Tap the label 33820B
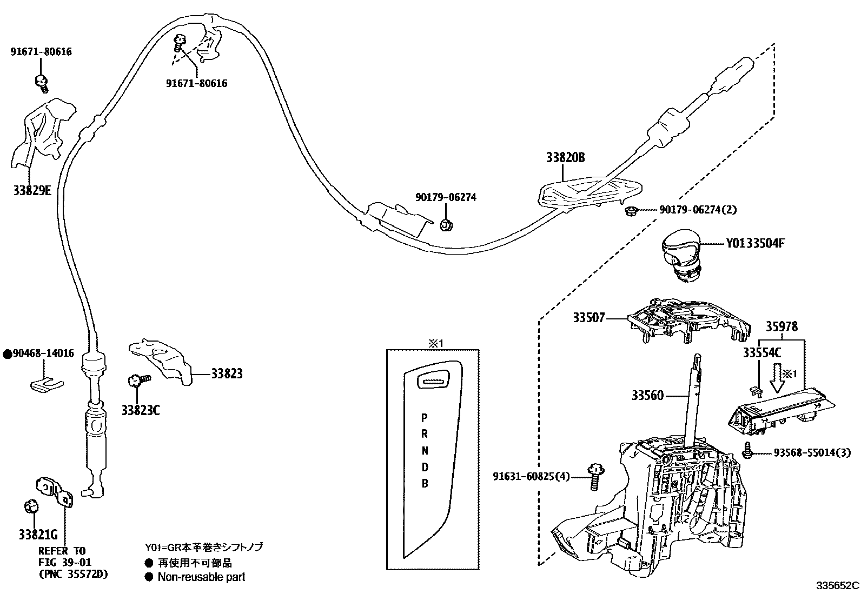[565, 158]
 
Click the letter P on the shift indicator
[425, 418]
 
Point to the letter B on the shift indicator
[425, 483]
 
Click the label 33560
[647, 396]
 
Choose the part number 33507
[589, 318]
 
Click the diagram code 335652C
[837, 585]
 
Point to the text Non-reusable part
[201, 577]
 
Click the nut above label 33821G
[31, 506]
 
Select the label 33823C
[141, 410]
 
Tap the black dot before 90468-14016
[7, 354]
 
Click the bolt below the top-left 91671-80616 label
[41, 82]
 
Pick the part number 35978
[781, 326]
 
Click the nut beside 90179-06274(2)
[631, 210]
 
